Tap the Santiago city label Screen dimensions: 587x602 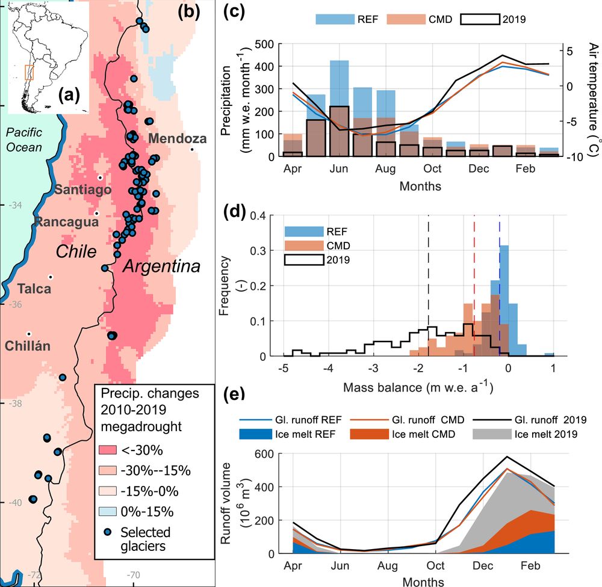(x=83, y=190)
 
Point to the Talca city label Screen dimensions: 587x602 (x=34, y=289)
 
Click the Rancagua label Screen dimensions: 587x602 (x=66, y=222)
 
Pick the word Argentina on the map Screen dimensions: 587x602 (x=161, y=266)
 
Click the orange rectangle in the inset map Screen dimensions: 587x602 (x=29, y=72)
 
